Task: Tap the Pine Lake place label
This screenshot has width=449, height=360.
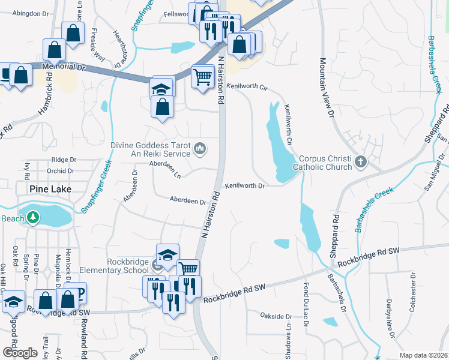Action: coord(50,189)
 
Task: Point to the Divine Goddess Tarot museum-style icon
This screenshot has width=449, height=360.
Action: coord(200,147)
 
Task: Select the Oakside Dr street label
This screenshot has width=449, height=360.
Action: coord(276,316)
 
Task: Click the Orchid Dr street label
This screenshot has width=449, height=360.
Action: coord(62,170)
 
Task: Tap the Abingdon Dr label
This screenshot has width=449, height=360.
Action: coord(30,13)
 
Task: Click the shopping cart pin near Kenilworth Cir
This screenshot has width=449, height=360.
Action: coord(203,76)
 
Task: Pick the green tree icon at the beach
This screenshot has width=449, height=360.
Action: coord(34,217)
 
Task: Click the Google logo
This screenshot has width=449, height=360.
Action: coord(19,353)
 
